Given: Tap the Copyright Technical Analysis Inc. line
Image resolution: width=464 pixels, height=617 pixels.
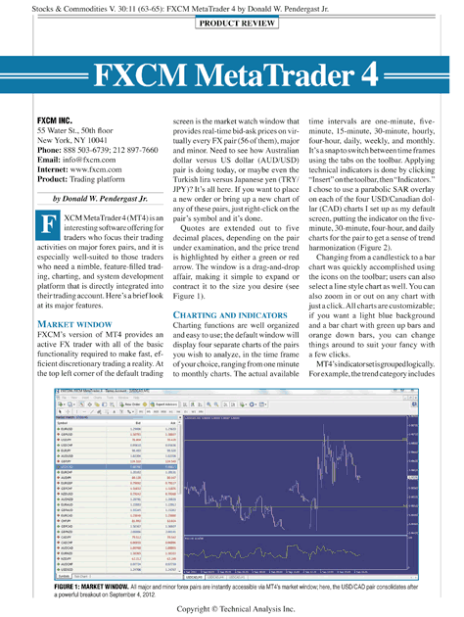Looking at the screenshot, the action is (233, 607).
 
